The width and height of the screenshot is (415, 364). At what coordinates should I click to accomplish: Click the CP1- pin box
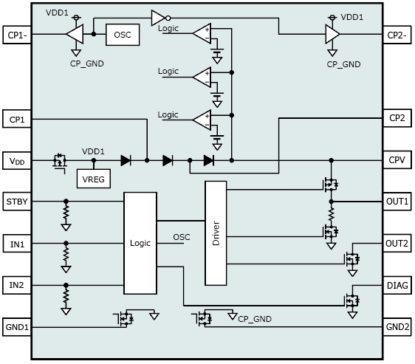point(17,35)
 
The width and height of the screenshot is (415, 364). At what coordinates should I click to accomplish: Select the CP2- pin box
point(397,35)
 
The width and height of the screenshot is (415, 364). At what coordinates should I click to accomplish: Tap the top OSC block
point(123,35)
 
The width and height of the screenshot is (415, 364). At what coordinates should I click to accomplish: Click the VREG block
point(94,179)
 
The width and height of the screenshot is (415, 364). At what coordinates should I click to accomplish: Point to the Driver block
point(216,233)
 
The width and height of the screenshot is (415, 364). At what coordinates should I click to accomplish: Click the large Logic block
point(140,243)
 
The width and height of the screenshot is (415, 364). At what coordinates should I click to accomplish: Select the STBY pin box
point(17,202)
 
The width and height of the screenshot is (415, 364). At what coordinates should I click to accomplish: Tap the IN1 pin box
point(17,244)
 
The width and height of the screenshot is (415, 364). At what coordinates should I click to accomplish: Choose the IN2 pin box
point(17,285)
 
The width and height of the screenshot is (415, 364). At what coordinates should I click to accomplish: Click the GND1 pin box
point(17,327)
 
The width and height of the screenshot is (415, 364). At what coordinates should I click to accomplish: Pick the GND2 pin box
point(397,327)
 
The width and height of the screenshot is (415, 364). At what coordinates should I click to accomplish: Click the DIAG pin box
point(397,285)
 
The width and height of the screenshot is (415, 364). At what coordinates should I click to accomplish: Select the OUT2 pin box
point(397,244)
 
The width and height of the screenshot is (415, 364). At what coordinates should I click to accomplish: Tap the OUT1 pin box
point(397,202)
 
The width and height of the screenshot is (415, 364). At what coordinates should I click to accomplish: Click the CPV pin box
point(397,160)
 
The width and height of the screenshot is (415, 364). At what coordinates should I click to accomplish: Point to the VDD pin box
point(17,161)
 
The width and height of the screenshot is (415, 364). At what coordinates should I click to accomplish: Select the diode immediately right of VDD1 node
point(126,160)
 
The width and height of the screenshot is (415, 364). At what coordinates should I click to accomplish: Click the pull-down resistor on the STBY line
point(66,213)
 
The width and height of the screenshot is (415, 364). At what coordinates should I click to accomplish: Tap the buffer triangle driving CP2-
point(332,34)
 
